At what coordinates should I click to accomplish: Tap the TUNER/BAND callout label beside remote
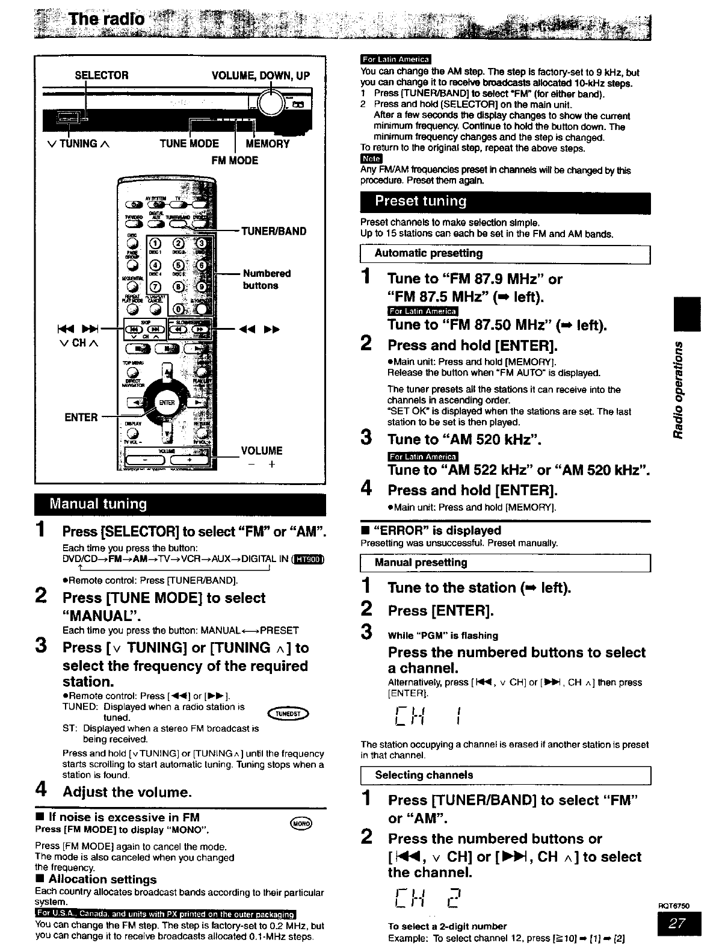[x=274, y=231]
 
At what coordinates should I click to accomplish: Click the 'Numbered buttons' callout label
[x=267, y=279]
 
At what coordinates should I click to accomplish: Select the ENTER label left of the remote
[x=81, y=417]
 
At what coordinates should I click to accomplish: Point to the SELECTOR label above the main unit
[x=101, y=75]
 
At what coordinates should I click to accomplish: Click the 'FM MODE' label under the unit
[x=235, y=161]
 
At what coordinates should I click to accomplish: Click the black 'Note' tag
[x=371, y=159]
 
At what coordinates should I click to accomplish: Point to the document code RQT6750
[x=677, y=905]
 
